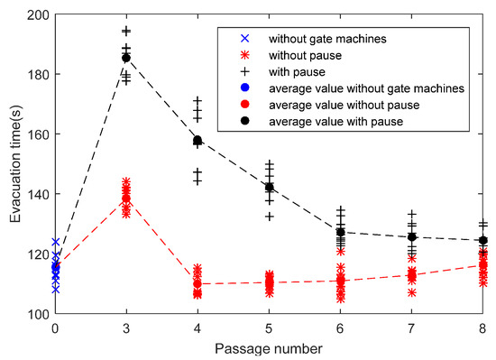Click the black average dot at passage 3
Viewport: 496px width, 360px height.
point(126,58)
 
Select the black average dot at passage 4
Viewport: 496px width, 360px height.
point(197,141)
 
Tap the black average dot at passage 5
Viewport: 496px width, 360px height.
point(269,187)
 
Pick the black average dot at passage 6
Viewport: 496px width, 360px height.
point(340,232)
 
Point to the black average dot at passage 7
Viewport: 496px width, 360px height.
point(412,237)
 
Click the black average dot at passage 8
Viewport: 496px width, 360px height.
point(483,241)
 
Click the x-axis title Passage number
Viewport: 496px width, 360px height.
point(269,346)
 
